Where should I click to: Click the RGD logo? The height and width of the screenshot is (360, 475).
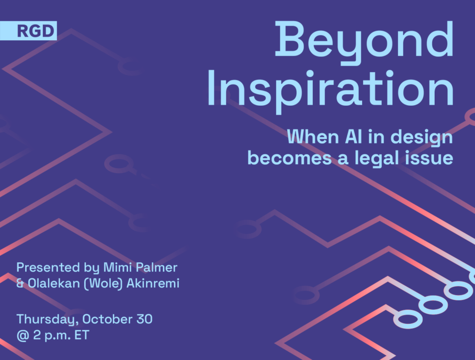point(28,30)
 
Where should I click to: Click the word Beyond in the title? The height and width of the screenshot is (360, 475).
point(364,42)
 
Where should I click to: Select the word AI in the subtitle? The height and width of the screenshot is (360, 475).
point(353,137)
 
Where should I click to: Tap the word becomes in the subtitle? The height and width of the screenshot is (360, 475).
point(290,157)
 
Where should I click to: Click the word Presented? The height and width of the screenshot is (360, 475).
point(48,267)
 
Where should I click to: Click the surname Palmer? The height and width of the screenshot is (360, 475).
point(156,267)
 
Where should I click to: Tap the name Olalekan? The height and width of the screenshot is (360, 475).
point(53,283)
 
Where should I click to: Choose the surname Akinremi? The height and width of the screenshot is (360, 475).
point(153,283)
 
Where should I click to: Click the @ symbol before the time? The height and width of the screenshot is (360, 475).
point(22,335)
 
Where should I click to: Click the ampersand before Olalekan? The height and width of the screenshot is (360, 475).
point(20,283)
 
